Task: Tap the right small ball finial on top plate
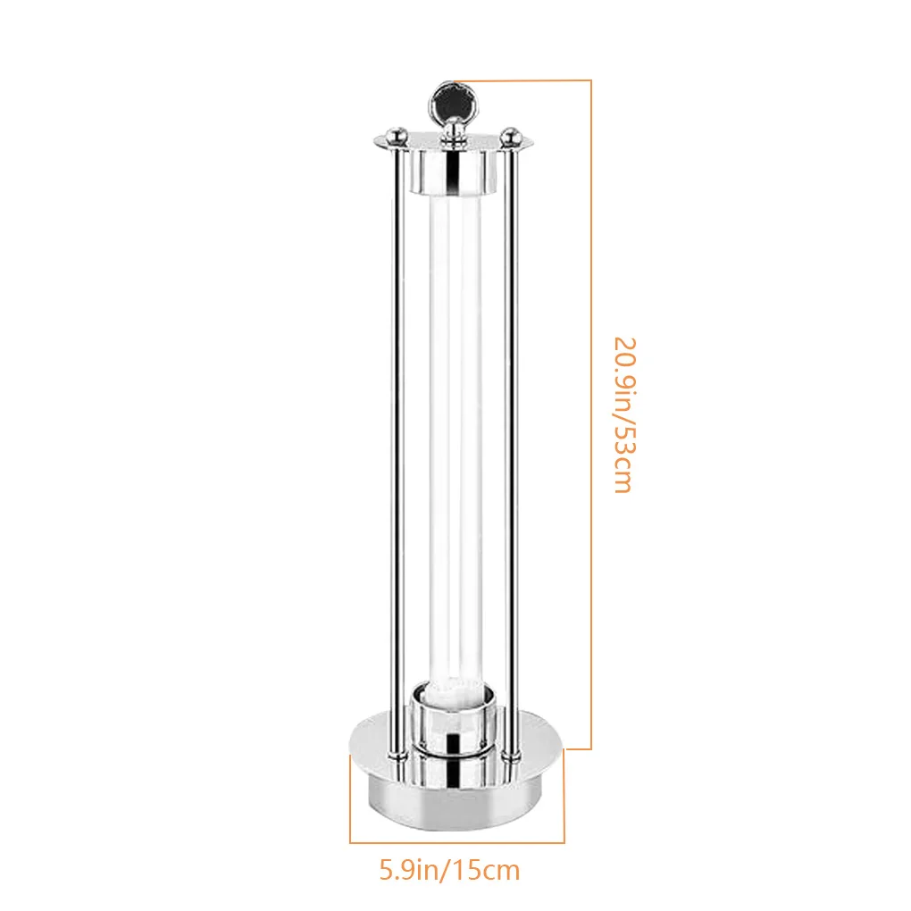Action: (x=510, y=136)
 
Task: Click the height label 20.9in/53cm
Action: (x=622, y=414)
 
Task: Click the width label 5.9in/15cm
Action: (x=449, y=869)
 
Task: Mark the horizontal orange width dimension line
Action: (x=456, y=841)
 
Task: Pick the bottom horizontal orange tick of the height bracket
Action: (x=579, y=748)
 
